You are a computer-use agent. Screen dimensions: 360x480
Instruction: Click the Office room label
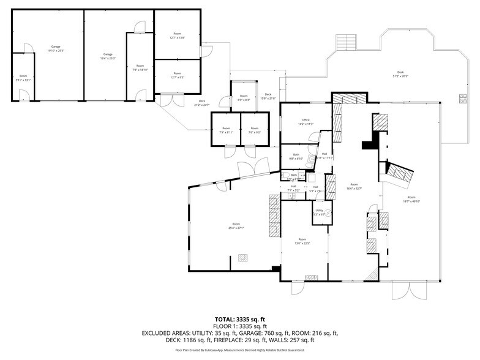pos(305,122)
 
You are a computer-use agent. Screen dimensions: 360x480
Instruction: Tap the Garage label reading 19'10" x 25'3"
pos(56,48)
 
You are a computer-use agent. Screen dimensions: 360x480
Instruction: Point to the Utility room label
pos(319,212)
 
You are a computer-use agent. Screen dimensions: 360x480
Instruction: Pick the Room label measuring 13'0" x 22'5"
pos(301,241)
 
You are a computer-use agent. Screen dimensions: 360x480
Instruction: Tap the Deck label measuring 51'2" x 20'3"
pos(400,74)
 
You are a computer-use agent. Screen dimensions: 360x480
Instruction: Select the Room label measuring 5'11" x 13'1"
pos(23,78)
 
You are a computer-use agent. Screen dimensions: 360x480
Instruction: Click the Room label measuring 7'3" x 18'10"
pos(140,67)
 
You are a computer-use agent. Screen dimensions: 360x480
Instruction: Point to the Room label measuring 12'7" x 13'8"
pos(178,36)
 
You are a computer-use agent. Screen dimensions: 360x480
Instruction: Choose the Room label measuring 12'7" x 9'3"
pos(178,75)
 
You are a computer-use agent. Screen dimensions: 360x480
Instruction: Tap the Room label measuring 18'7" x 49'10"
pos(411,198)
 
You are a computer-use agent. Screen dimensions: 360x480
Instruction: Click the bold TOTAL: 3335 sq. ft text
pos(239,319)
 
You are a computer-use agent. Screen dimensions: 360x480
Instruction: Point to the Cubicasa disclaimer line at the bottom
pos(239,350)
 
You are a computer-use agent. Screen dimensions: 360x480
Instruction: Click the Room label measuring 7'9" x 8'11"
pos(226,130)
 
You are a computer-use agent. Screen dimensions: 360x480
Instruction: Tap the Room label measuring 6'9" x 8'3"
pos(244,98)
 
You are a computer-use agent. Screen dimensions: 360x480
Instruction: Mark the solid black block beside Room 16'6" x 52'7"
pos(369,145)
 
